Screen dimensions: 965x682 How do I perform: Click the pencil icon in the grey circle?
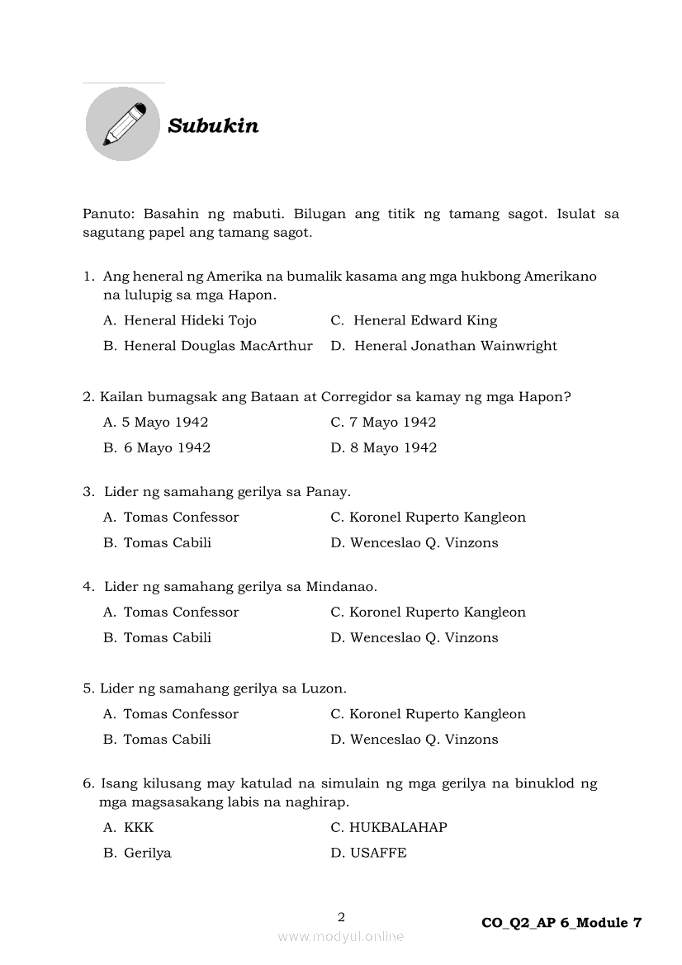pyautogui.click(x=123, y=124)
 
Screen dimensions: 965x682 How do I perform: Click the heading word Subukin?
pyautogui.click(x=213, y=126)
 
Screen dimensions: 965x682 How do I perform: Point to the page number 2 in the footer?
pyautogui.click(x=341, y=916)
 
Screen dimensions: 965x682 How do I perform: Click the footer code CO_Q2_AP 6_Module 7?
pyautogui.click(x=561, y=923)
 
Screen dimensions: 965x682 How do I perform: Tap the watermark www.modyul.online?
pyautogui.click(x=341, y=936)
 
